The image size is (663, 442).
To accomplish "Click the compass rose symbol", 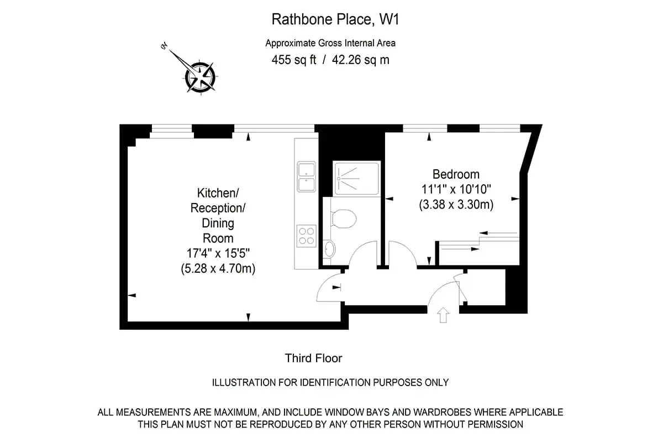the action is point(200,76).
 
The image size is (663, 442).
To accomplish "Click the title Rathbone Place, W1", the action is point(335,19).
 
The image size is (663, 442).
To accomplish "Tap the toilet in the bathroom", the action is point(344,219).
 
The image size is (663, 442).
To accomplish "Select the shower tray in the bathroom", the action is point(357,179).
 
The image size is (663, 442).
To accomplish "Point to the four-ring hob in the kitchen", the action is point(306,236).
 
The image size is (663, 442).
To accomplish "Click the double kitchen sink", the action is point(306,176).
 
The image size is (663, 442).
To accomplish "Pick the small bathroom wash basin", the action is point(329,249).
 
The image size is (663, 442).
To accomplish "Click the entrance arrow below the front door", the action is point(443,315).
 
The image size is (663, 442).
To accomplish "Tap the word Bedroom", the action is point(456,174).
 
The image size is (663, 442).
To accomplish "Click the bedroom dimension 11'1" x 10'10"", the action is point(456,189).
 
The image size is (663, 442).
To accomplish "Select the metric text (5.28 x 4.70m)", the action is point(218,269).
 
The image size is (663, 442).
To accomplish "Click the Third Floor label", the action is point(313,358).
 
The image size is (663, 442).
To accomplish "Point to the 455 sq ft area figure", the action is point(293,60).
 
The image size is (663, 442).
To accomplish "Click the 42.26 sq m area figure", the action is point(360,60).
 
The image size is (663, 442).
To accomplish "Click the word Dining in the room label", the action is point(218,223).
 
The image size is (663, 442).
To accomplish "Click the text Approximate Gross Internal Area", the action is point(330,43).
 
